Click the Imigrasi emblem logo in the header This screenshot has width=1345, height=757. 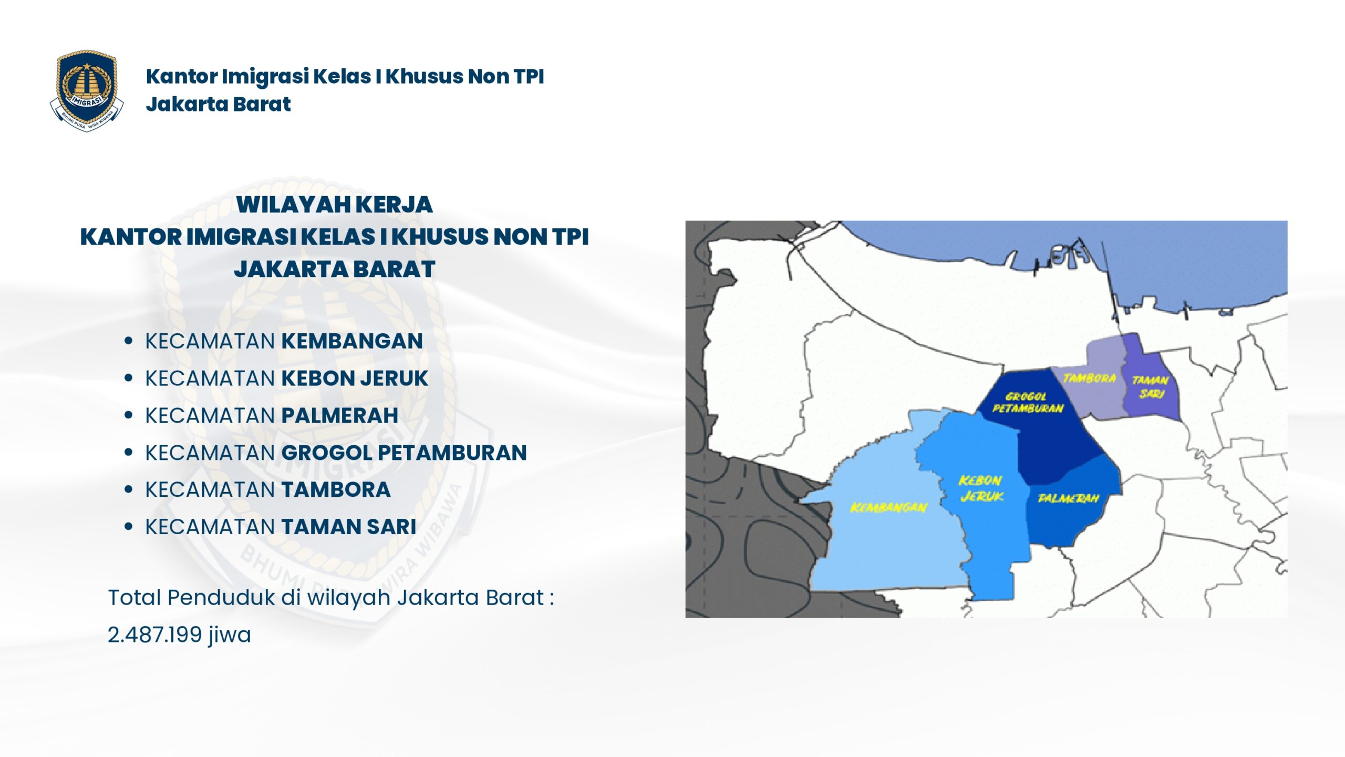(87, 90)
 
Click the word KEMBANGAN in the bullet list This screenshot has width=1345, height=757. (352, 341)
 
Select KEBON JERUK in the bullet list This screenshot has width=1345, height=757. (355, 378)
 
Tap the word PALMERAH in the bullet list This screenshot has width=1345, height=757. (340, 415)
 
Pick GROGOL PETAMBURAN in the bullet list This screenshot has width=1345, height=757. (404, 453)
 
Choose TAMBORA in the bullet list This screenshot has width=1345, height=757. (336, 490)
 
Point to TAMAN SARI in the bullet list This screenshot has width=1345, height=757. (349, 527)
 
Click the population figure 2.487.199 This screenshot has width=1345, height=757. (155, 635)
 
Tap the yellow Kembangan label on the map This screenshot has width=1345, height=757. (888, 507)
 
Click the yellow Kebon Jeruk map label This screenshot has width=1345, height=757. (981, 488)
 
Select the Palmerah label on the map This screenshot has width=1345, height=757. (1068, 498)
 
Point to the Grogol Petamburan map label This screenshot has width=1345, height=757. (1027, 403)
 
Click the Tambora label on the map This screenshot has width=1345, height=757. (1089, 378)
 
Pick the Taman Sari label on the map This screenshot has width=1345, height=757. (1150, 386)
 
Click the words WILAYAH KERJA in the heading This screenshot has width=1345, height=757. (334, 204)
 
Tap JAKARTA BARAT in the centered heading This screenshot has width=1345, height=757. (334, 269)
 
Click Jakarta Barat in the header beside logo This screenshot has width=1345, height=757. (218, 104)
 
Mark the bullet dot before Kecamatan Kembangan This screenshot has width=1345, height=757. (128, 341)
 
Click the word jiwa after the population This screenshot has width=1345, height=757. (230, 635)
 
